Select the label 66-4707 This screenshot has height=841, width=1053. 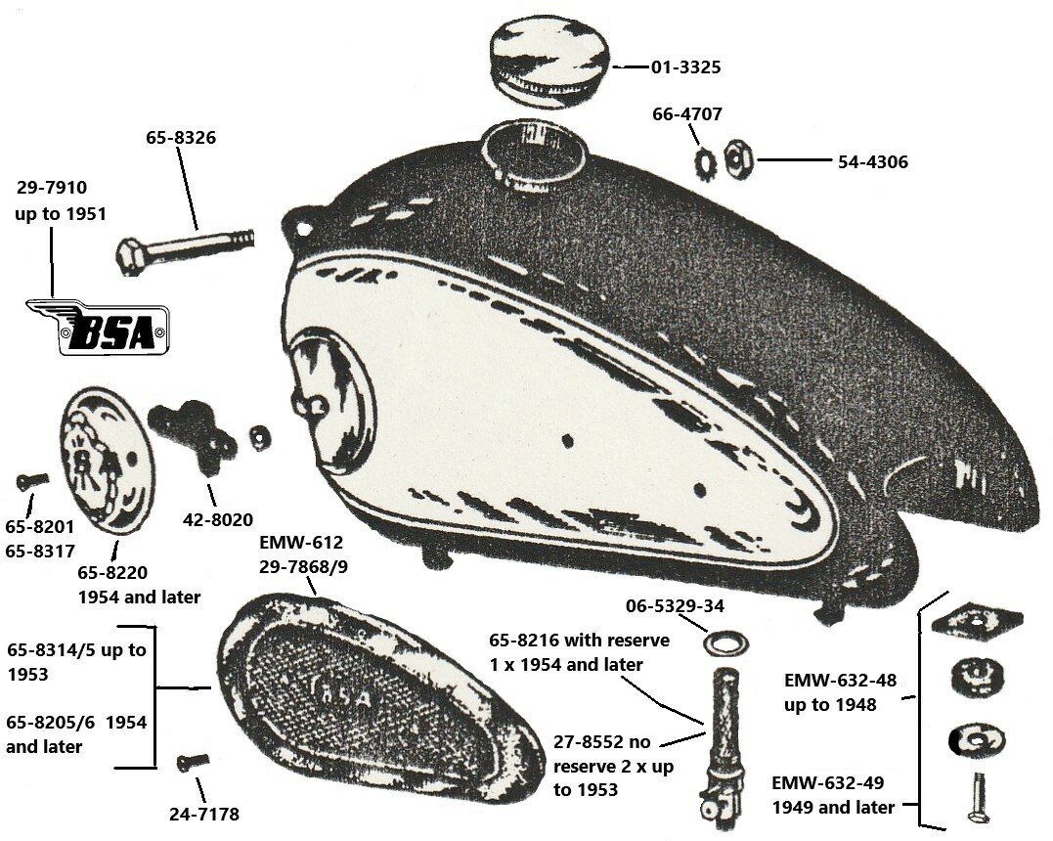(x=687, y=114)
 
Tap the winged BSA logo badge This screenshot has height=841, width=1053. (x=98, y=326)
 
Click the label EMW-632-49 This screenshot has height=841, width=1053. (x=832, y=783)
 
